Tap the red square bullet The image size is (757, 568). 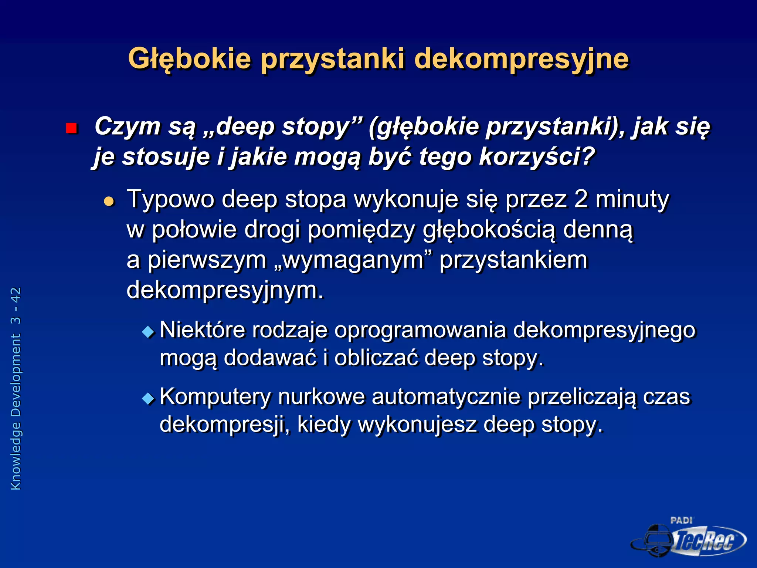[x=71, y=128]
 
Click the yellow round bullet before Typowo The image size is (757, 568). [x=109, y=202]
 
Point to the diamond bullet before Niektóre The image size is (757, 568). [x=148, y=332]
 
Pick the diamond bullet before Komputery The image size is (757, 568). [x=148, y=399]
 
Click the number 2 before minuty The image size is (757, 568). [x=581, y=199]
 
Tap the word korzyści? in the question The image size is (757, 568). [x=536, y=156]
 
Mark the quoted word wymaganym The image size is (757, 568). [x=353, y=260]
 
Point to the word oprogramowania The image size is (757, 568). [x=420, y=330]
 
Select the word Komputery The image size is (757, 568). [x=215, y=397]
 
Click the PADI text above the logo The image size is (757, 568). [x=681, y=521]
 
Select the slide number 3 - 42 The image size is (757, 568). [x=16, y=305]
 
